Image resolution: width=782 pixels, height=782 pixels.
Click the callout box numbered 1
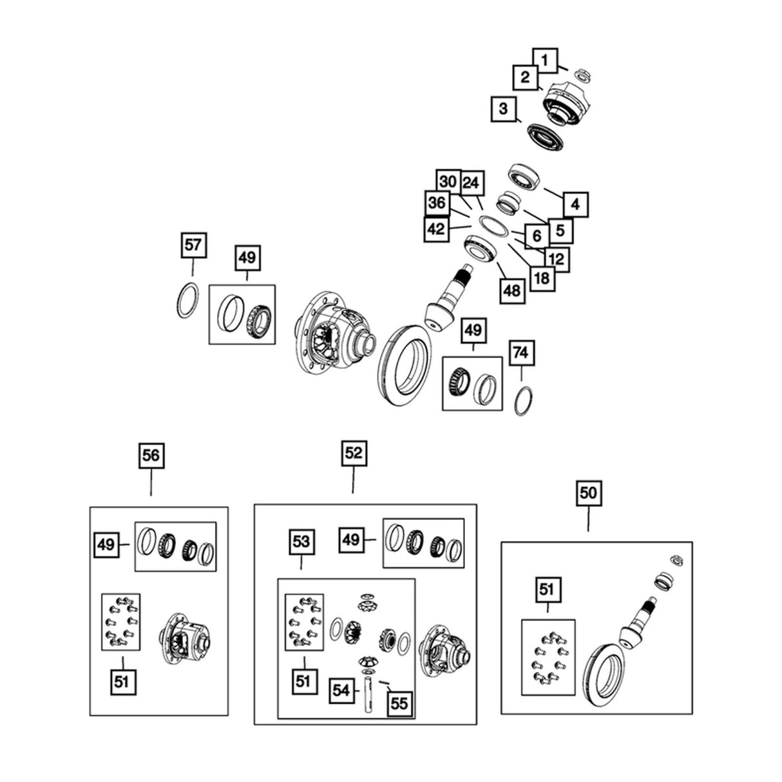point(546,61)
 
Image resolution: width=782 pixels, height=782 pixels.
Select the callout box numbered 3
point(503,109)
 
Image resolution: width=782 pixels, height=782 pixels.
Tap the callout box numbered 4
point(575,204)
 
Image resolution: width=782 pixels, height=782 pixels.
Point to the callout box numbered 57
point(193,245)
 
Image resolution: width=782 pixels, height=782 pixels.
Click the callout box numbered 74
point(522,352)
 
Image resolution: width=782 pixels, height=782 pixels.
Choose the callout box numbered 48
point(511,291)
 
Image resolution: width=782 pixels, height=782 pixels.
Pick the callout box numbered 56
point(151,455)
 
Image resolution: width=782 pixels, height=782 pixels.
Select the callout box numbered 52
point(354,453)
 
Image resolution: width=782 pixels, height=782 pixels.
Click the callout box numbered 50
point(588,493)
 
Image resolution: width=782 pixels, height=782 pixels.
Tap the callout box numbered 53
point(301,542)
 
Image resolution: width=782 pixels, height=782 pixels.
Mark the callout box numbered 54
point(341,691)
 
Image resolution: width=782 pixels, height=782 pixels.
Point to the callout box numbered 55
point(399,703)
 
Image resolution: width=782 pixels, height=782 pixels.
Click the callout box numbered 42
point(437,229)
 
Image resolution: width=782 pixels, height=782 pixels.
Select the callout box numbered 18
point(542,278)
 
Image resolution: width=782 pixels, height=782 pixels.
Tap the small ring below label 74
point(524,401)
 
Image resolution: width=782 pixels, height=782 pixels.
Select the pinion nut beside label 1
point(582,75)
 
